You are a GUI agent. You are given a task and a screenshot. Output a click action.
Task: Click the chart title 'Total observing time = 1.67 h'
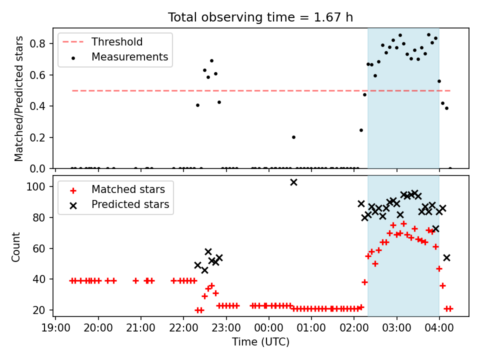260,17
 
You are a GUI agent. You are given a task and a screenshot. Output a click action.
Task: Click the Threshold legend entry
102,41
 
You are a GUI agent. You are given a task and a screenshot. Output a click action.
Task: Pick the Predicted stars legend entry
119,204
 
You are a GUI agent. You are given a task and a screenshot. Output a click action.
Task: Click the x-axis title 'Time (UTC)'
260,342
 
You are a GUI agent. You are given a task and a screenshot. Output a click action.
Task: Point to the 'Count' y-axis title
15,247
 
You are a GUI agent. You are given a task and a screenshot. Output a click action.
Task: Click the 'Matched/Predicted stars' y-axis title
18,98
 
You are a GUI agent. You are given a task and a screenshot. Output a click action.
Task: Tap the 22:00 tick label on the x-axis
183,328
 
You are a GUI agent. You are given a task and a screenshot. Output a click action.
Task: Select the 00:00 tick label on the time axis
269,328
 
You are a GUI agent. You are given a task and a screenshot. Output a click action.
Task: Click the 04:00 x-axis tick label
439,328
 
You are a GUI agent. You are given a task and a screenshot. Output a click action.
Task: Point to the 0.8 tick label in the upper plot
37,44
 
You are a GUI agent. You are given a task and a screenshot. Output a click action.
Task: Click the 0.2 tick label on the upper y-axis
37,137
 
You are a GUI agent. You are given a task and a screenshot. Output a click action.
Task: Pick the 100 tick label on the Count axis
36,186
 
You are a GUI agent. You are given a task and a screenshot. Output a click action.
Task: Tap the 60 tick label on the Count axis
39,248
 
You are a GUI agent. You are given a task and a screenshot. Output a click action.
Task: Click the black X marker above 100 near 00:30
293,182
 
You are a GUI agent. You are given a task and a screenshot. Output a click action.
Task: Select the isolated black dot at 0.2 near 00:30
293,137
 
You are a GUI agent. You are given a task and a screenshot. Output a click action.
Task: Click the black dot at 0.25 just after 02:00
361,130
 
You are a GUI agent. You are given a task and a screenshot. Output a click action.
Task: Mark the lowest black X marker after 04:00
446,258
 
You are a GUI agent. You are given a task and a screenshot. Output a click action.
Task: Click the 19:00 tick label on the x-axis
55,328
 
